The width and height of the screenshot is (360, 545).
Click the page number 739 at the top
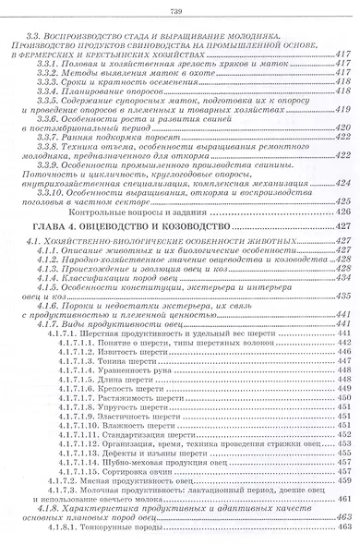(x=180, y=9)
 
